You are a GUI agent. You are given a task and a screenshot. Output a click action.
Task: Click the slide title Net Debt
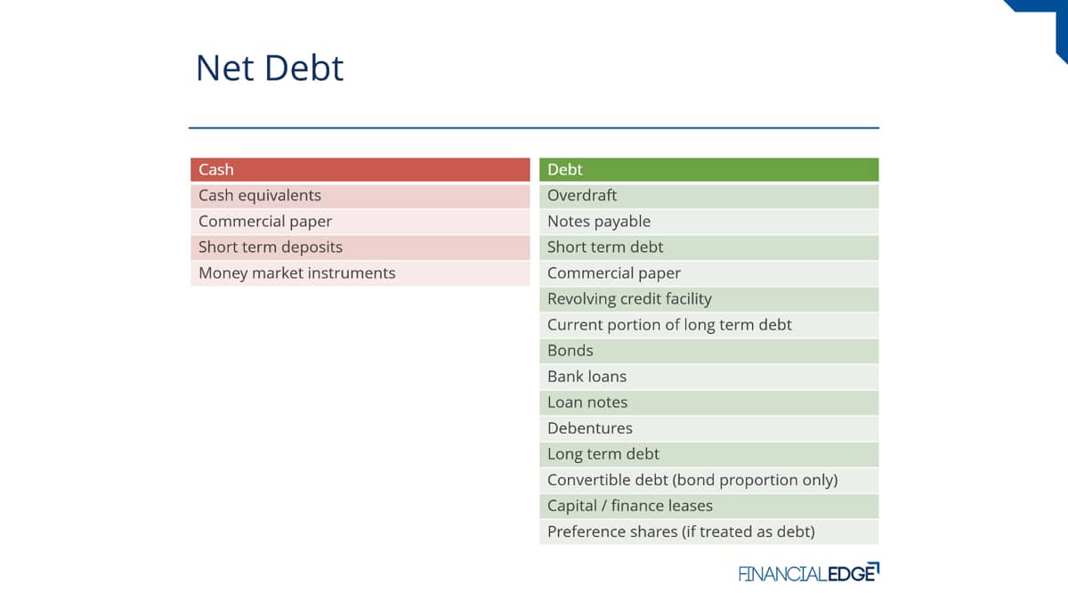tap(270, 69)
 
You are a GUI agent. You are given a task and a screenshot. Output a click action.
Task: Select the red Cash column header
tap(360, 169)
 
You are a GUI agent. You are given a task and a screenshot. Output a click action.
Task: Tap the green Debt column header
tap(709, 169)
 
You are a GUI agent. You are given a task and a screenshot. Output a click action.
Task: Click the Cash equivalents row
tap(360, 196)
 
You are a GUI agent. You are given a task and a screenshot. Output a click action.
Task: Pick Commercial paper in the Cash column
tap(360, 222)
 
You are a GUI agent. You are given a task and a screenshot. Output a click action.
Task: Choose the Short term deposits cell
tap(360, 248)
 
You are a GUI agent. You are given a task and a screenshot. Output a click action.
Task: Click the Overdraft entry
tap(709, 196)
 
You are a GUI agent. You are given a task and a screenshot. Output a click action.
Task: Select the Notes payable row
tap(709, 222)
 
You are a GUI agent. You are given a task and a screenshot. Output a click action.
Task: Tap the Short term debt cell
tap(709, 248)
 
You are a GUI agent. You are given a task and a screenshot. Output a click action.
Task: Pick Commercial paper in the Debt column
tap(709, 273)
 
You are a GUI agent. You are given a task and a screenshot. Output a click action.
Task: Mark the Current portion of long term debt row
tap(709, 325)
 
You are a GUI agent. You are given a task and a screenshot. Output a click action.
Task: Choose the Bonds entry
tap(709, 351)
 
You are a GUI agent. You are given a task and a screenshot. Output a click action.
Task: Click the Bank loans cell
tap(709, 377)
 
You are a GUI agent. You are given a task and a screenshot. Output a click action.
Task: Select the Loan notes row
tap(709, 402)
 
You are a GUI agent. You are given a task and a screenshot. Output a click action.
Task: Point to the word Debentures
tap(590, 428)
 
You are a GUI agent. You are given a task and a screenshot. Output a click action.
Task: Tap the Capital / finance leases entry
tap(709, 506)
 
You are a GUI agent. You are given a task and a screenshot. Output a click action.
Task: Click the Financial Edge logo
tap(809, 573)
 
